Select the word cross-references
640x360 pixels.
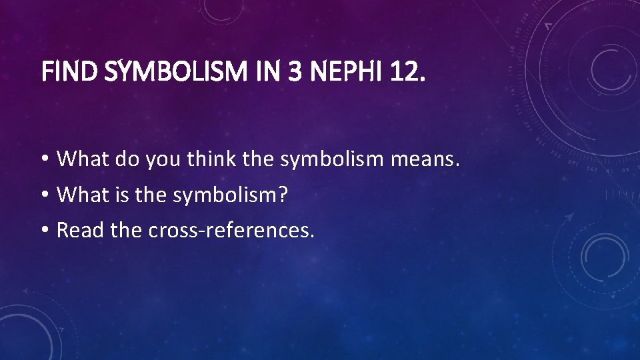coord(231,229)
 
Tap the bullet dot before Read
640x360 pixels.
coord(43,229)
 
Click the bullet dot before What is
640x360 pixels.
coord(43,195)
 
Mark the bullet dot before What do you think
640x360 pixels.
coord(43,160)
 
